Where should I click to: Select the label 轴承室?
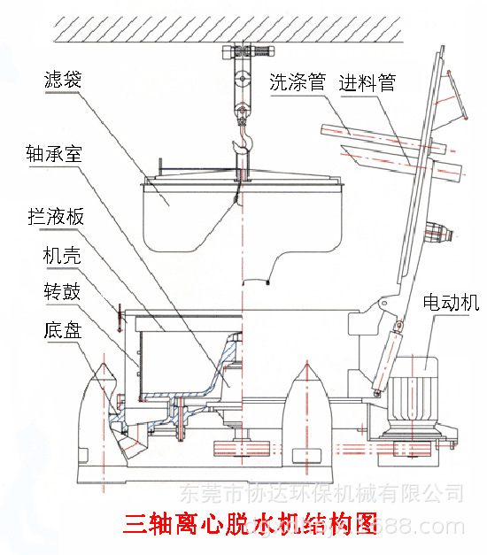[54, 152]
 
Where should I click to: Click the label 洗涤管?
[298, 83]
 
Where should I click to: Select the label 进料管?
[368, 83]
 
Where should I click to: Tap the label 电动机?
[452, 304]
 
